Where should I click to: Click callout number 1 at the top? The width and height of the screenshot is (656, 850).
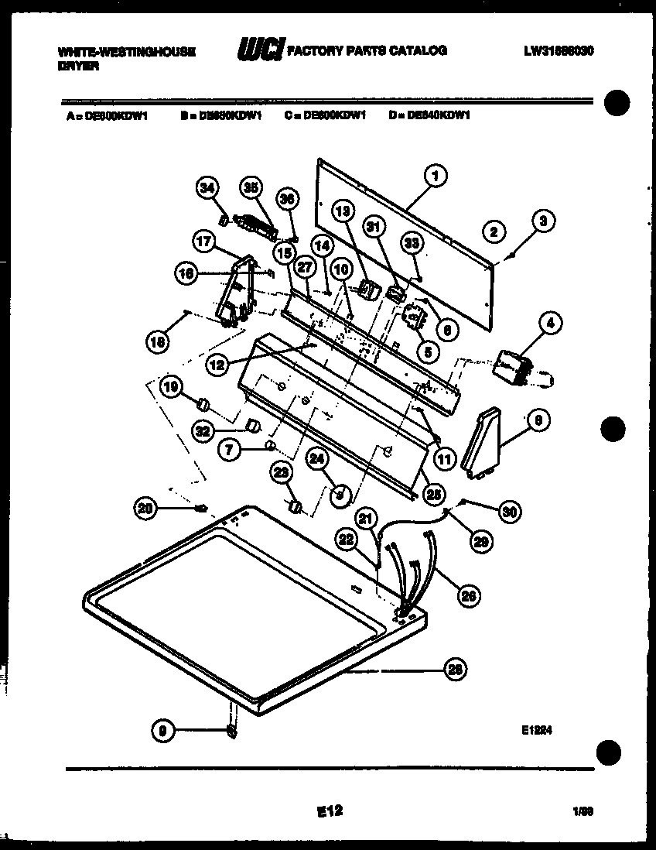point(435,177)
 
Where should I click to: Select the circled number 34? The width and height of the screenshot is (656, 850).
point(206,187)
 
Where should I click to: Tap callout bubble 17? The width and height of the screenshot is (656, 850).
point(203,242)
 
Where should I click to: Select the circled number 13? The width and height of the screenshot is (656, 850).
point(343,210)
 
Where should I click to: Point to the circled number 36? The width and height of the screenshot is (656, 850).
point(287,199)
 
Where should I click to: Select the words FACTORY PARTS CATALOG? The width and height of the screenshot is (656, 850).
point(367,51)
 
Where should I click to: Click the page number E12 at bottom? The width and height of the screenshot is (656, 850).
point(330,811)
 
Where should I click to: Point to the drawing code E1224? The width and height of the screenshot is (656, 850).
point(540,729)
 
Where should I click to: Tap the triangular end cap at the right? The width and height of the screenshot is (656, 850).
point(480,442)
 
